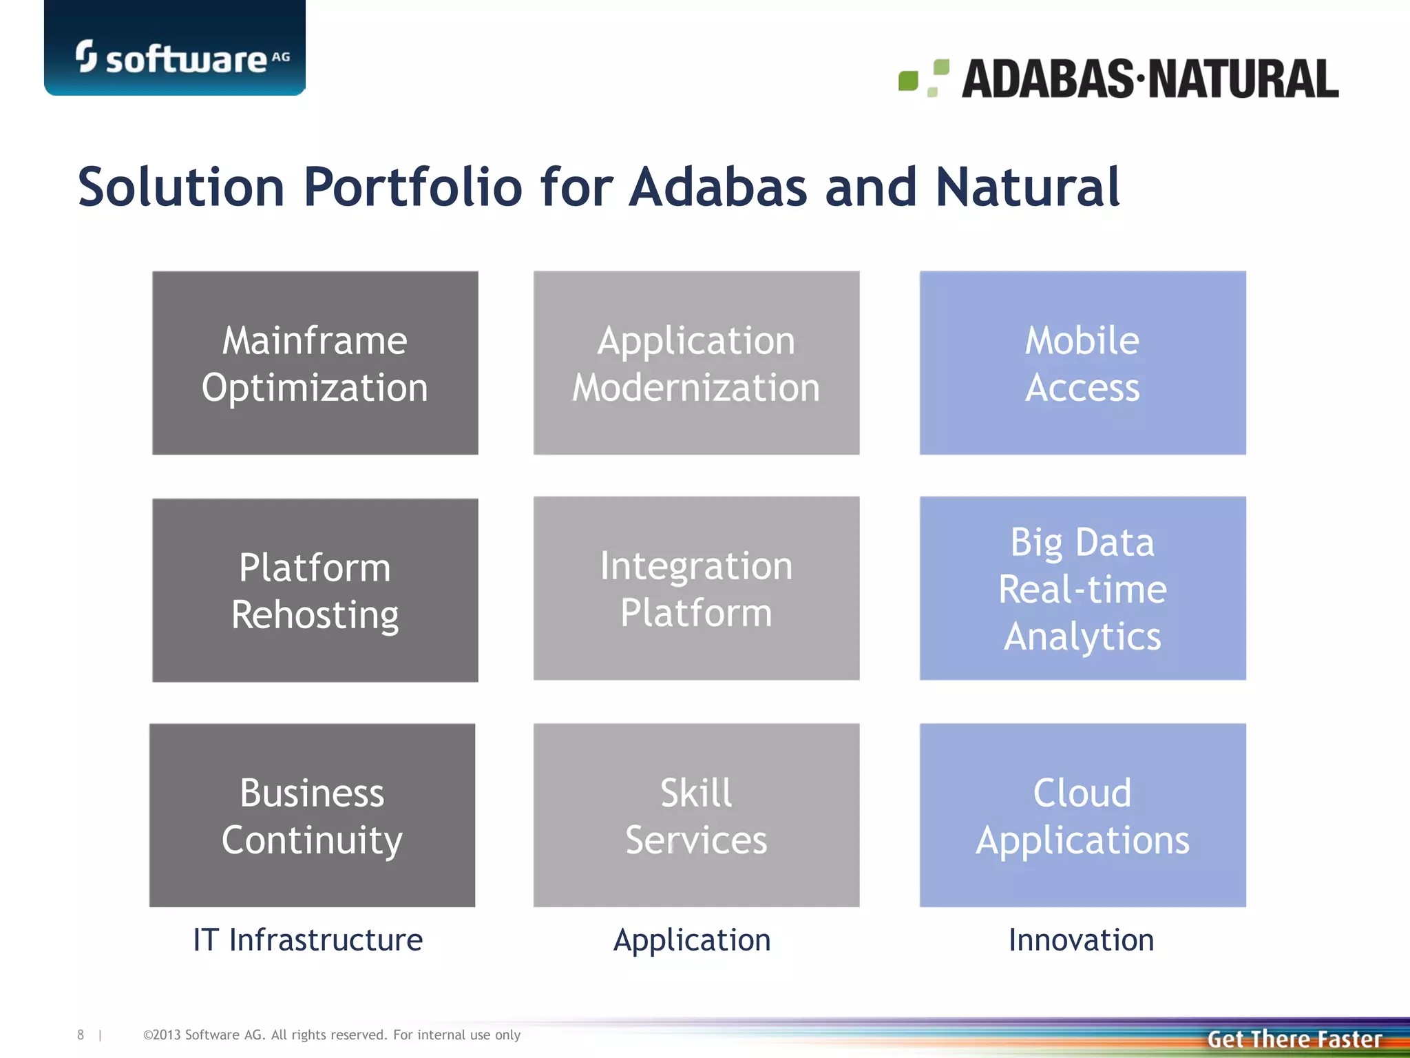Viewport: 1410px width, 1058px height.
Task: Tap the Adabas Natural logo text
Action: tap(1150, 79)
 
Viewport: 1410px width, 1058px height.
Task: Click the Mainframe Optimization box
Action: tap(315, 363)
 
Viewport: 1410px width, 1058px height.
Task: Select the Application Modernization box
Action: tap(696, 363)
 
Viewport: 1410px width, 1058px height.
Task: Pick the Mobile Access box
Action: tap(1082, 363)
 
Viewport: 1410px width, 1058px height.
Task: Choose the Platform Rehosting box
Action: tap(315, 590)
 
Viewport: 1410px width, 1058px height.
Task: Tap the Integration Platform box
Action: tap(696, 588)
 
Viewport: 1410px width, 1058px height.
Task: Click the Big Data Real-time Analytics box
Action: tap(1082, 588)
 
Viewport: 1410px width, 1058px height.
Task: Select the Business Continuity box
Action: tap(312, 815)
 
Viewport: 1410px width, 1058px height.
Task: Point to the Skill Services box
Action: tap(696, 815)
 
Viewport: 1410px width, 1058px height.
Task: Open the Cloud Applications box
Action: tap(1082, 815)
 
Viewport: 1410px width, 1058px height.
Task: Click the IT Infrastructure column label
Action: tap(308, 940)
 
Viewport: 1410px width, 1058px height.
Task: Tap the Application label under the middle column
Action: tap(692, 940)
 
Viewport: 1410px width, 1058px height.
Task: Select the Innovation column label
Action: tap(1081, 940)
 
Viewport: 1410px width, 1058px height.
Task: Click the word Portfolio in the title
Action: tap(413, 187)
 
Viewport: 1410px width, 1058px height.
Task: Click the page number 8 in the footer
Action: tap(81, 1035)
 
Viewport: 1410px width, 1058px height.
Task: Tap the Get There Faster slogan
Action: tap(1294, 1039)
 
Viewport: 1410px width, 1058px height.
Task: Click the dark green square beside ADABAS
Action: tap(908, 81)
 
